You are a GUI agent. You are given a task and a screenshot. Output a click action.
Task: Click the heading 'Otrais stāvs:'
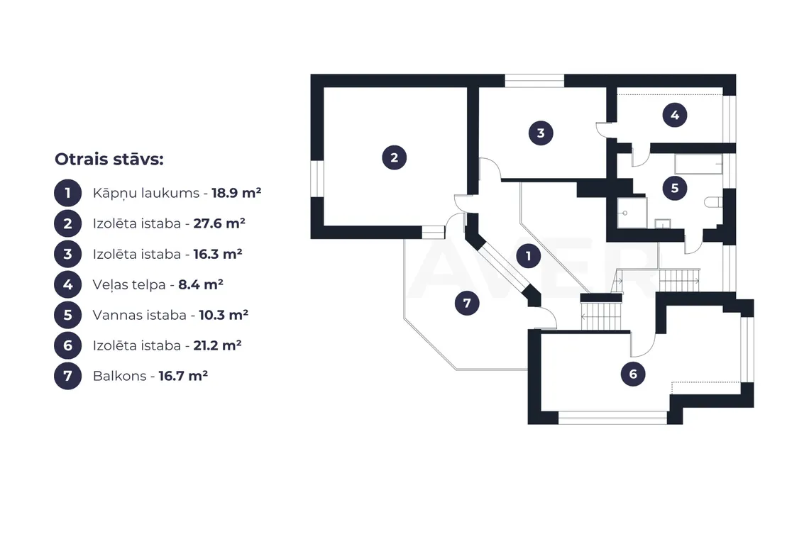pyautogui.click(x=109, y=160)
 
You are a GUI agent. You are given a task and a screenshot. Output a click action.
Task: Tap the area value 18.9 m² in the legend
pyautogui.click(x=236, y=193)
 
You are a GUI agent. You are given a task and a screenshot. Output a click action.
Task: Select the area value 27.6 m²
pyautogui.click(x=219, y=223)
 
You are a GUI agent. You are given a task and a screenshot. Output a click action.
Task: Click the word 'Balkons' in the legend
pyautogui.click(x=119, y=376)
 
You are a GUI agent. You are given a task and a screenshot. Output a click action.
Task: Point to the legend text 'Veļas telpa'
pyautogui.click(x=129, y=284)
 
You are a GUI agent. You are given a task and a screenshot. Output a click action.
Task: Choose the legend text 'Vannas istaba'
pyautogui.click(x=139, y=315)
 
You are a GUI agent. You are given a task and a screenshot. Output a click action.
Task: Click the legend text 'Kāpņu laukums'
pyautogui.click(x=146, y=194)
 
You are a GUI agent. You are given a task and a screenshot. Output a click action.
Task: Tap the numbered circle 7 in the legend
pyautogui.click(x=67, y=375)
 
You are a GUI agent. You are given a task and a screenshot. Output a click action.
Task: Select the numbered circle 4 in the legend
pyautogui.click(x=67, y=284)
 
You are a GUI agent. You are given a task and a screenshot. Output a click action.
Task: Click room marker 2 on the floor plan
pyautogui.click(x=394, y=158)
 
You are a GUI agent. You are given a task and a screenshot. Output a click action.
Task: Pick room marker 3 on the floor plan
pyautogui.click(x=541, y=133)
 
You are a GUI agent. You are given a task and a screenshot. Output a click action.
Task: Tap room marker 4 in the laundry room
pyautogui.click(x=675, y=115)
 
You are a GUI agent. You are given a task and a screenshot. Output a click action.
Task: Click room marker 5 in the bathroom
pyautogui.click(x=675, y=188)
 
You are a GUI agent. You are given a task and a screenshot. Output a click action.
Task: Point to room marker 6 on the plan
pyautogui.click(x=633, y=374)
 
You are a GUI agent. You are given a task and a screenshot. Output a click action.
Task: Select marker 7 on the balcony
pyautogui.click(x=467, y=304)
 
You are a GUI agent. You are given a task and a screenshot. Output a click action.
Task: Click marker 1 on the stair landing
pyautogui.click(x=528, y=256)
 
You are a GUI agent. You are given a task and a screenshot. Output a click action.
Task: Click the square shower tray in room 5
pyautogui.click(x=632, y=213)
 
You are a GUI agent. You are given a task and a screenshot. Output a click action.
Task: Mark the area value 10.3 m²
pyautogui.click(x=224, y=315)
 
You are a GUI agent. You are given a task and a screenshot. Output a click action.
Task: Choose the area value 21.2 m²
pyautogui.click(x=218, y=345)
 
